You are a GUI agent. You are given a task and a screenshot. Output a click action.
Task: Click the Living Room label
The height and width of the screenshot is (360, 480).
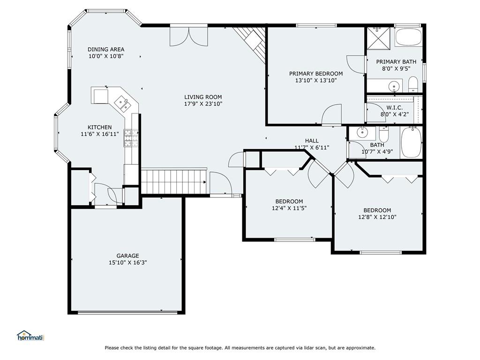203,97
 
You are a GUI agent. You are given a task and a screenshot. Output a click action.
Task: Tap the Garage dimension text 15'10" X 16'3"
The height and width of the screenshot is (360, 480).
127,262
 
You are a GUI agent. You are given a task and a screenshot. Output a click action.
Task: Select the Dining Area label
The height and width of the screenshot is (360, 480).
106,49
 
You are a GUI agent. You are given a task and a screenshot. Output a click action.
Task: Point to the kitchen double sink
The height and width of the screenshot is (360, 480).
123,103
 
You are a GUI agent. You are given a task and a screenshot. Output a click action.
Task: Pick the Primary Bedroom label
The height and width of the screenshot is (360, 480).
316,74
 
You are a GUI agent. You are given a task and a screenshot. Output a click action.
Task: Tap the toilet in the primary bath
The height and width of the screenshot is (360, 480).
413,84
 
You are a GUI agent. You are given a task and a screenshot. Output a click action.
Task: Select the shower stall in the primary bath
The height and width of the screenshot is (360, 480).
379,38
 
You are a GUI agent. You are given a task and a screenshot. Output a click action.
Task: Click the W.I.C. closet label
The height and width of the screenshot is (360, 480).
395,108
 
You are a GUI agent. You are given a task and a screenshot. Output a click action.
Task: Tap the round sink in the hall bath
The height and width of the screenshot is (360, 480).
362,132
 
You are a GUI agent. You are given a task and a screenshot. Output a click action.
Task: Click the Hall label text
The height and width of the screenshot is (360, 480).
312,141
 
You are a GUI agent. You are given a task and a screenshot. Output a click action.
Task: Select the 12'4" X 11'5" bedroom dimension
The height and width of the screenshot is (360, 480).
287,208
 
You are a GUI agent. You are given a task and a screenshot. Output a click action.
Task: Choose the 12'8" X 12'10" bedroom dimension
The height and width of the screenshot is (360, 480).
377,217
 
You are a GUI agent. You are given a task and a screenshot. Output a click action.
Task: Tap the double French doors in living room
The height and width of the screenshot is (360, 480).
189,37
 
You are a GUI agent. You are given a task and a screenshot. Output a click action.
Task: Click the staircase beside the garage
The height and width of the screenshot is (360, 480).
174,182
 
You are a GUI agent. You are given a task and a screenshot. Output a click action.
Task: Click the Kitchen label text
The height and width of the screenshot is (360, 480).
99,127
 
